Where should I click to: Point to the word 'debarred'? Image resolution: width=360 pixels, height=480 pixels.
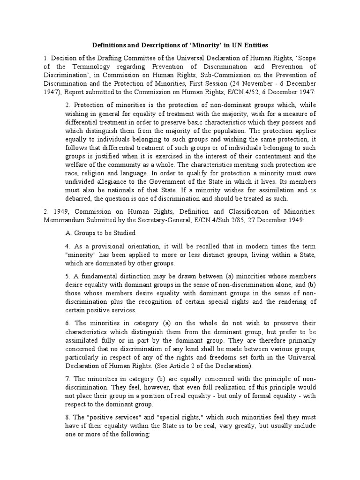(x=80, y=198)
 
